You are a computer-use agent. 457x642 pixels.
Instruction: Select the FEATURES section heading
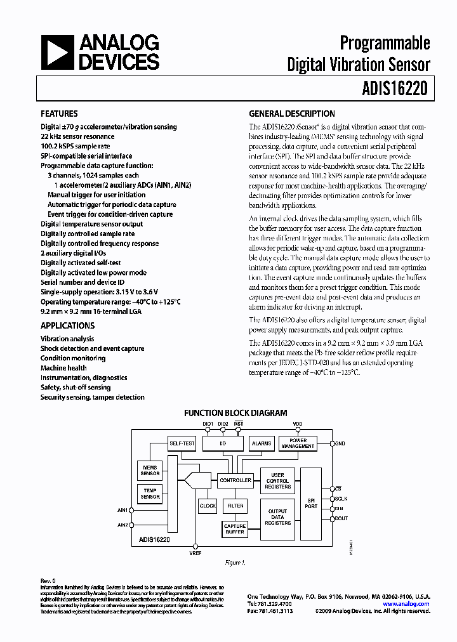[x=59, y=114]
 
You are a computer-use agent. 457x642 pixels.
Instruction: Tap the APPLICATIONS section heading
[x=67, y=325]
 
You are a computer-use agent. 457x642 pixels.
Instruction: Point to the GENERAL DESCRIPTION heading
[x=292, y=114]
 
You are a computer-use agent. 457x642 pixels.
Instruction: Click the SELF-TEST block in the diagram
[x=182, y=443]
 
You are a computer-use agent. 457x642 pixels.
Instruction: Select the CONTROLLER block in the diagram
[x=235, y=480]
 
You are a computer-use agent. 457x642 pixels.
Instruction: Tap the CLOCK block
[x=208, y=506]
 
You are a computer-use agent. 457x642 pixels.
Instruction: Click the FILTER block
[x=235, y=506]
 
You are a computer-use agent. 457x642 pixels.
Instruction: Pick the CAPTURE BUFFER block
[x=235, y=528]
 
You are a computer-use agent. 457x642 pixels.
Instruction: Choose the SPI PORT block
[x=311, y=503]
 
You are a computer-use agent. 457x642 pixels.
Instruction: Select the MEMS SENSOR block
[x=150, y=470]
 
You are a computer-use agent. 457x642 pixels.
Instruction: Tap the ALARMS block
[x=261, y=443]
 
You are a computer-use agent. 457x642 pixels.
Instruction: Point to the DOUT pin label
[x=341, y=518]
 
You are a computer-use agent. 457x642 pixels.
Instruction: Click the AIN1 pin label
[x=123, y=509]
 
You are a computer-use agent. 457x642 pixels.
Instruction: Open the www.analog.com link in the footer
[x=406, y=604]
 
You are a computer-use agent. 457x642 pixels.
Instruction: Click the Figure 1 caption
[x=235, y=562]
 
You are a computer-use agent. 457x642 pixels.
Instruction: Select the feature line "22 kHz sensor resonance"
[x=77, y=136]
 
